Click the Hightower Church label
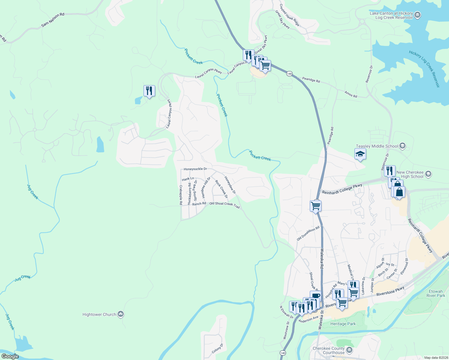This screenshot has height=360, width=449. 99,314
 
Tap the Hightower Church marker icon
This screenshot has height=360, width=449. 121,314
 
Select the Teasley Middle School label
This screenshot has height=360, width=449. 377,146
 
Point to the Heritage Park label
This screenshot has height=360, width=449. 343,324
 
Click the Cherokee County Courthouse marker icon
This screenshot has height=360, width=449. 349,350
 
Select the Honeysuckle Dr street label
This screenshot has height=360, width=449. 195,169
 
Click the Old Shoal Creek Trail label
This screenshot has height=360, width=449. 224,205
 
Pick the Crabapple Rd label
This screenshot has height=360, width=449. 181,195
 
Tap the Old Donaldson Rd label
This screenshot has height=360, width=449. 308,234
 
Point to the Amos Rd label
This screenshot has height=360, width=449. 351,94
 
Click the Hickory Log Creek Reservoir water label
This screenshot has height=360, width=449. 424,69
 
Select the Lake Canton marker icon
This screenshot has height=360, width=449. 417,15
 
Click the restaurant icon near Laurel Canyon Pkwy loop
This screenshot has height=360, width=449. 149,91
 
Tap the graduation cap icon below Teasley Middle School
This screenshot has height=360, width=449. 360,155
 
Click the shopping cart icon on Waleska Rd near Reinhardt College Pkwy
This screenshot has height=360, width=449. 315,206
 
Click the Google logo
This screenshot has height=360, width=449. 10,356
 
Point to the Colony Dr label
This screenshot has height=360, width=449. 217,348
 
